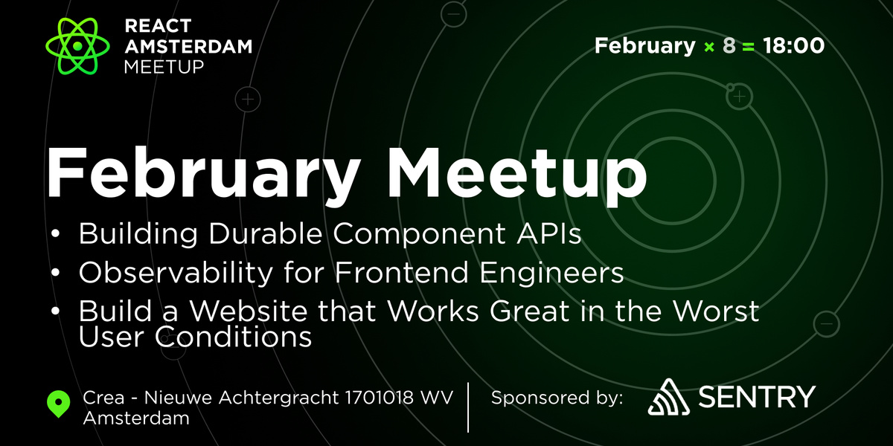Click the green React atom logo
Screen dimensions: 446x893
pyautogui.click(x=77, y=45)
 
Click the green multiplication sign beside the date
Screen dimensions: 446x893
pyautogui.click(x=709, y=46)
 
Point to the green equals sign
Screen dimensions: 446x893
pyautogui.click(x=748, y=46)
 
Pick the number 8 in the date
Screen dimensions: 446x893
pyautogui.click(x=729, y=46)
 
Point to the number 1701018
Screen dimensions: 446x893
pyautogui.click(x=383, y=398)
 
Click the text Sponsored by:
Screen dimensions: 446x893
pyautogui.click(x=557, y=398)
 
